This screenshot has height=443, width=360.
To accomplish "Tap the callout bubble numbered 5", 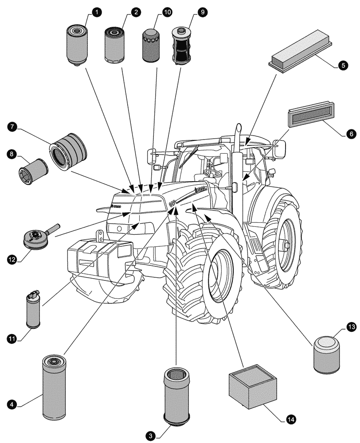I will pyautogui.click(x=343, y=65).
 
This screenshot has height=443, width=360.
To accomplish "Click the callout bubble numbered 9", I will pyautogui.click(x=202, y=12).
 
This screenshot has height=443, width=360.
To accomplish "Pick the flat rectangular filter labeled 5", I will pyautogui.click(x=300, y=49).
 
